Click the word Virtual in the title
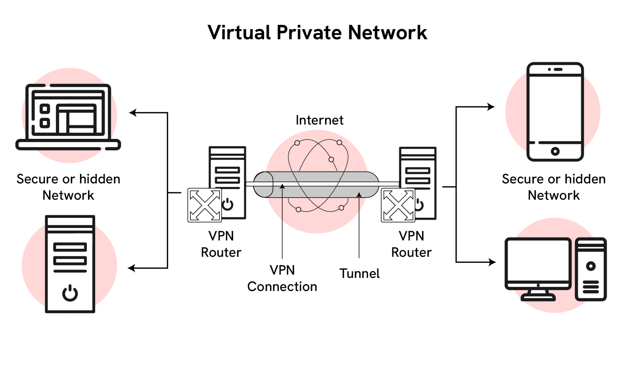pos(239,33)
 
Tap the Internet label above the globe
pos(319,120)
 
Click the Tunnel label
pos(359,274)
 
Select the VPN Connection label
pos(282,278)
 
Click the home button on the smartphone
pos(555,151)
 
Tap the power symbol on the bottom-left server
pos(70,293)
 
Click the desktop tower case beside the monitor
pos(591,269)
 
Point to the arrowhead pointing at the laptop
pos(133,113)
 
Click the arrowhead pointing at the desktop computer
pos(492,262)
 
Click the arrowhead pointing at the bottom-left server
pos(132,268)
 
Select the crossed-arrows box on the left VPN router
pos(205,205)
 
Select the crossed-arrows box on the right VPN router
pos(398,205)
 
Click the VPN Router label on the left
pos(221,244)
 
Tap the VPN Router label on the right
pos(411,244)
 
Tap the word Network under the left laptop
pos(68,196)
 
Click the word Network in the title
pos(388,33)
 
